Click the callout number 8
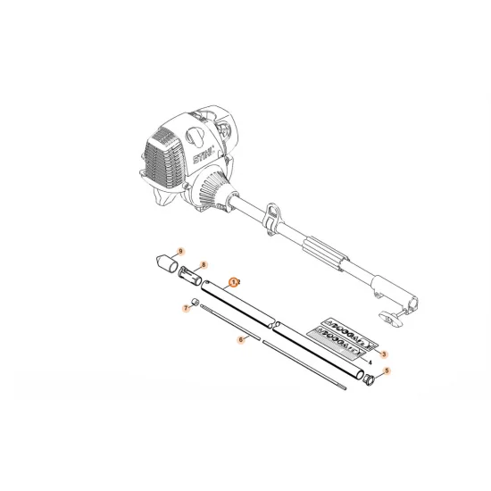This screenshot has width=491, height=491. [204, 265]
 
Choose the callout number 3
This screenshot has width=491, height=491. [384, 354]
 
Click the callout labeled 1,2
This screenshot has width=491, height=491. [234, 281]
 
